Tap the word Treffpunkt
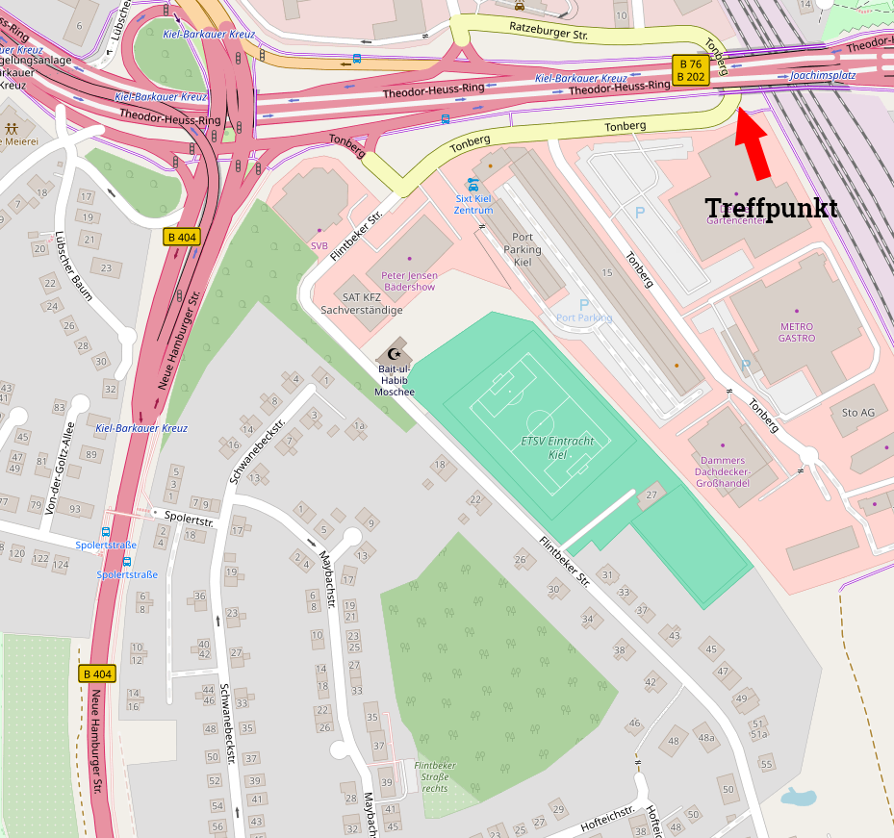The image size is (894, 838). (771, 208)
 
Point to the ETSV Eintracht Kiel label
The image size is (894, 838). (557, 446)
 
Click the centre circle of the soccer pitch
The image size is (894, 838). (540, 422)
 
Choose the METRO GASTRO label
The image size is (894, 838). (796, 332)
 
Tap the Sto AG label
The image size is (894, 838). (857, 413)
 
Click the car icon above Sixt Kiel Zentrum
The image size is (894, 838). (473, 184)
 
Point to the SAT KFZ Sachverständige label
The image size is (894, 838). (361, 303)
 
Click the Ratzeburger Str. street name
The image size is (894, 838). (549, 34)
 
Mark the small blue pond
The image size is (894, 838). (798, 797)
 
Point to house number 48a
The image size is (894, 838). (706, 738)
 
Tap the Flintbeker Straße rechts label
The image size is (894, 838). (434, 775)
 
